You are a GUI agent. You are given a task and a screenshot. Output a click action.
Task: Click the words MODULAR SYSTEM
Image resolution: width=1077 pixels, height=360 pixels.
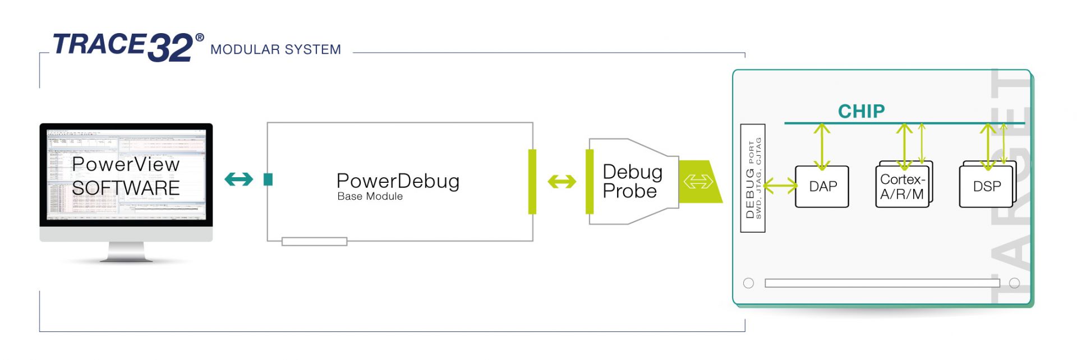[x=275, y=50]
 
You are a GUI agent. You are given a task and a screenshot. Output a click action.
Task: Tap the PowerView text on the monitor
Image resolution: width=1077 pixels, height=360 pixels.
[x=126, y=164]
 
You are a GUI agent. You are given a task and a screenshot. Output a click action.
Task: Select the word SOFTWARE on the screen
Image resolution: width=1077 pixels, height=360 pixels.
[x=126, y=188]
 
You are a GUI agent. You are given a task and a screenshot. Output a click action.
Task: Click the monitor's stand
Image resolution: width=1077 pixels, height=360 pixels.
[x=126, y=252]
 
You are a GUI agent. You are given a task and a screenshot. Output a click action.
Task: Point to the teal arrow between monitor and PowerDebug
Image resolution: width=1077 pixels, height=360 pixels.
[x=238, y=179]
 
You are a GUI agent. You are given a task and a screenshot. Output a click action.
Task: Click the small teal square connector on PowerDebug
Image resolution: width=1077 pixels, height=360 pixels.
[x=268, y=179]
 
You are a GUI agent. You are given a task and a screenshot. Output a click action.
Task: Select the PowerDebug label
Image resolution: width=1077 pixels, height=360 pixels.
[x=398, y=181]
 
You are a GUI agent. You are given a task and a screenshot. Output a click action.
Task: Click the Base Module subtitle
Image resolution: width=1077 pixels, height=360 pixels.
[x=370, y=196]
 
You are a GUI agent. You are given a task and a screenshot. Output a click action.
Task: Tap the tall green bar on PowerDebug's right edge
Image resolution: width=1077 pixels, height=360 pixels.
[x=532, y=181]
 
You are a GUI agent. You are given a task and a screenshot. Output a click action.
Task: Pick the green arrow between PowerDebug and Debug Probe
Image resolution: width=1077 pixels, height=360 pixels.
[x=561, y=182]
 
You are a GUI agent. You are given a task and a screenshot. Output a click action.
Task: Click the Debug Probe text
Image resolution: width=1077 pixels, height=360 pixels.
[x=632, y=181]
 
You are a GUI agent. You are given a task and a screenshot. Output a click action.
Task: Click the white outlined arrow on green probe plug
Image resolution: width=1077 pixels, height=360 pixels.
[x=698, y=182]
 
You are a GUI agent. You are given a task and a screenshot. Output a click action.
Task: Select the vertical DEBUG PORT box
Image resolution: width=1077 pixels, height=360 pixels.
[x=753, y=178]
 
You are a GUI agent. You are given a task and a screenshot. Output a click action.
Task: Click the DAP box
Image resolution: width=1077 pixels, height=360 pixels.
[x=822, y=187]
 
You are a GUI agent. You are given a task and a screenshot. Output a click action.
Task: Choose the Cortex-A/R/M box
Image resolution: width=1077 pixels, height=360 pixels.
[x=902, y=187]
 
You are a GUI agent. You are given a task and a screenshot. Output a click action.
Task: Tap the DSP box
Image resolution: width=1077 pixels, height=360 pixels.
[x=986, y=187]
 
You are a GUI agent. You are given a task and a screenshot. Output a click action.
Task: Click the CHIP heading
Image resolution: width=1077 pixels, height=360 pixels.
[x=861, y=112]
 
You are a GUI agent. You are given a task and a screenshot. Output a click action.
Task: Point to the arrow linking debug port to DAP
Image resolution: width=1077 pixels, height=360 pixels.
[x=780, y=186]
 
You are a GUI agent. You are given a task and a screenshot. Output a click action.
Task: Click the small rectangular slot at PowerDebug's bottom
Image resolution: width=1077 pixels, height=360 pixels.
[x=314, y=242]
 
